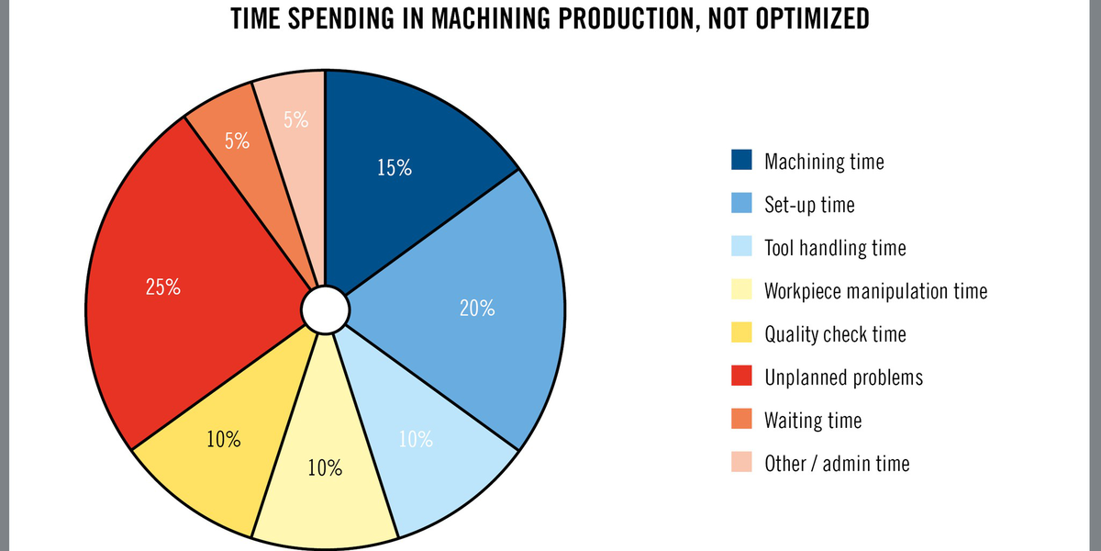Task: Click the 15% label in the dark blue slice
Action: tap(395, 168)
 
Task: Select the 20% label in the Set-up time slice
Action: tap(477, 309)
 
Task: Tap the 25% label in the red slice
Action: tap(163, 287)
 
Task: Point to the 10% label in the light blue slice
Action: tap(416, 439)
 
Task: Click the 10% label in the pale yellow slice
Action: tap(325, 468)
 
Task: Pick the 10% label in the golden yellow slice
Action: tap(224, 439)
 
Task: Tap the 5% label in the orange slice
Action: tap(238, 141)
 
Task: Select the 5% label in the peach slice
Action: tap(295, 119)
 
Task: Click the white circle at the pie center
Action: tap(325, 309)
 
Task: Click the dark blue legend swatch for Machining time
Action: tap(741, 161)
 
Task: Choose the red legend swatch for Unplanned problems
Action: tap(741, 377)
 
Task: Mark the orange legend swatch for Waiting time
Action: tap(741, 420)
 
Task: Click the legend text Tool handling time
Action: tap(835, 248)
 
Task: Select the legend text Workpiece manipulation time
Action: tap(876, 291)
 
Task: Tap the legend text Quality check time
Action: tap(835, 334)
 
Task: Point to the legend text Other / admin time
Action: tap(837, 464)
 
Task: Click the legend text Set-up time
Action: tap(809, 205)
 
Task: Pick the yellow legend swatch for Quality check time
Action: tap(741, 333)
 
